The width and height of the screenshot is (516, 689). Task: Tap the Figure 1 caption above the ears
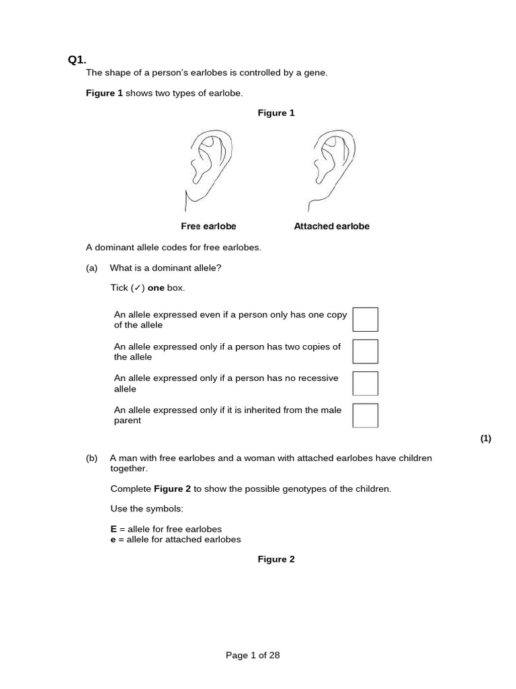[276, 113]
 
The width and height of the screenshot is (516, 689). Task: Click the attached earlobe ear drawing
[331, 168]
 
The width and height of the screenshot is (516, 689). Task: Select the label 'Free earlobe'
[208, 227]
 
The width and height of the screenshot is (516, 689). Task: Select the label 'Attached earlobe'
[332, 227]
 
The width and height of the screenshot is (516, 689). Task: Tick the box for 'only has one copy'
[365, 320]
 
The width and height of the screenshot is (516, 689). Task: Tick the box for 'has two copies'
[365, 351]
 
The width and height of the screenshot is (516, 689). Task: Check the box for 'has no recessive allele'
[365, 384]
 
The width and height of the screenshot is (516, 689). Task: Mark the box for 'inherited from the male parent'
[365, 415]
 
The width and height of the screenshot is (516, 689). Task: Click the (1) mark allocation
[486, 439]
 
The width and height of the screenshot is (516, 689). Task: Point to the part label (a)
[91, 268]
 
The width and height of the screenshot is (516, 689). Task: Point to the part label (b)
[91, 458]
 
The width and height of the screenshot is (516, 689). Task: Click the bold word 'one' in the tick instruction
[156, 288]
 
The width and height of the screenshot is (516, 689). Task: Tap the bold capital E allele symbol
[114, 529]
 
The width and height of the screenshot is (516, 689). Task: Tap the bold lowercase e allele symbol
[114, 539]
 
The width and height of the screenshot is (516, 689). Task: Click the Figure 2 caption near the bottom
[276, 559]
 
